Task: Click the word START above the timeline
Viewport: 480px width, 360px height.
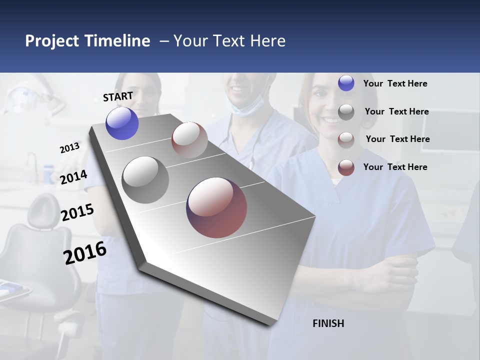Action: (x=118, y=96)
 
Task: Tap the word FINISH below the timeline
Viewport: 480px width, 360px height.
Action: (x=328, y=323)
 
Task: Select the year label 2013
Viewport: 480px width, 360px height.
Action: (x=69, y=148)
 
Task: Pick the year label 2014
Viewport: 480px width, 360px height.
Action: (x=73, y=177)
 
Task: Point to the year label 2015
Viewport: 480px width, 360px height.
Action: (x=77, y=212)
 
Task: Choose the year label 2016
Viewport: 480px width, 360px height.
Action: (x=85, y=252)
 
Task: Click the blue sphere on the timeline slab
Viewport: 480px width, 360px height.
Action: (x=122, y=123)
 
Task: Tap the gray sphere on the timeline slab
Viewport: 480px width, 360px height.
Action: (x=145, y=180)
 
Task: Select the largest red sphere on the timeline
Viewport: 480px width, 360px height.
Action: (x=216, y=207)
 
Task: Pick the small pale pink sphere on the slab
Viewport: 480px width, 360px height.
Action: (x=189, y=140)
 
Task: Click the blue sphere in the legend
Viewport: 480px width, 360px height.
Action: (x=346, y=83)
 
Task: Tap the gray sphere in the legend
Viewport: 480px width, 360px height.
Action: (x=346, y=112)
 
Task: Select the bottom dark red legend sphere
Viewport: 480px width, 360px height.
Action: (x=346, y=167)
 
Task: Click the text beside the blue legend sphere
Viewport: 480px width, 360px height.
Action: (x=395, y=84)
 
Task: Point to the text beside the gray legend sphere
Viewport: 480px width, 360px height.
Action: (x=396, y=111)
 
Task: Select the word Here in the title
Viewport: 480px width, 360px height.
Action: (x=268, y=41)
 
